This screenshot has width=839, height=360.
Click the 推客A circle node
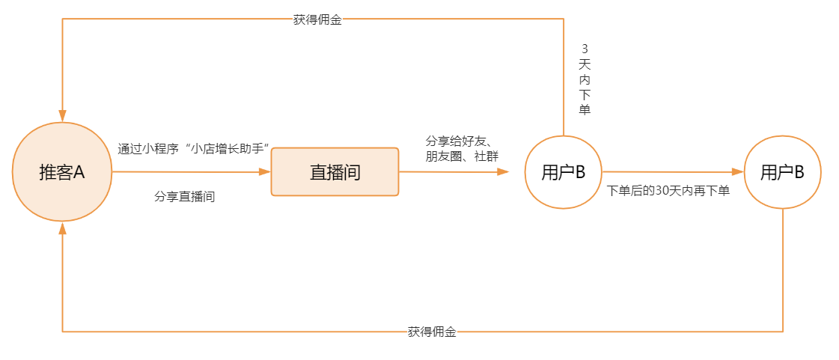pyautogui.click(x=62, y=172)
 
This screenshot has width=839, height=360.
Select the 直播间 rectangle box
pyautogui.click(x=335, y=172)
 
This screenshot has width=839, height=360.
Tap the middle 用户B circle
pyautogui.click(x=563, y=172)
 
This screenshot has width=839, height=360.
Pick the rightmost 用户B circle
pyautogui.click(x=782, y=172)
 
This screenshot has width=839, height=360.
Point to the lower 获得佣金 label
pyautogui.click(x=432, y=332)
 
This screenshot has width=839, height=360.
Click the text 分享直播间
pyautogui.click(x=185, y=197)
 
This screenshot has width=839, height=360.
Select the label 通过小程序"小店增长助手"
pyautogui.click(x=193, y=148)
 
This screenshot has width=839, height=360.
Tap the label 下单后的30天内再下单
pyautogui.click(x=668, y=191)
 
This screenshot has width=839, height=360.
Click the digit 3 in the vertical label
pyautogui.click(x=585, y=49)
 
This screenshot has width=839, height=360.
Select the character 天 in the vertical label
pyautogui.click(x=585, y=64)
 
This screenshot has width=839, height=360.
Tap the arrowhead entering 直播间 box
pyautogui.click(x=264, y=172)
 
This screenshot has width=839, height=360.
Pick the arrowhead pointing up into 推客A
pyautogui.click(x=62, y=229)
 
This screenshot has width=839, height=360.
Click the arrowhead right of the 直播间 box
pyautogui.click(x=503, y=172)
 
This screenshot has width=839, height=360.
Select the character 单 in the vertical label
pyautogui.click(x=585, y=110)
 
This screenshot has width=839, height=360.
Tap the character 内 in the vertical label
pyautogui.click(x=585, y=79)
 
